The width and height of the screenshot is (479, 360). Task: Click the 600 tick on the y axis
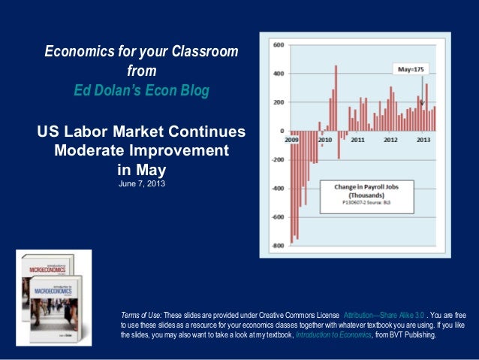[277, 45]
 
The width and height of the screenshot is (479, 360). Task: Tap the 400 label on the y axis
[277, 74]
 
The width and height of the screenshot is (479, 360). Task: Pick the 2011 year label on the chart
[358, 140]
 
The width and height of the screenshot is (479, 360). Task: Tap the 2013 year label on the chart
[423, 140]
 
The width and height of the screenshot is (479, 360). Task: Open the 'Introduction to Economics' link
[333, 335]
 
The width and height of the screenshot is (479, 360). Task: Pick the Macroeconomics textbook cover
[59, 308]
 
